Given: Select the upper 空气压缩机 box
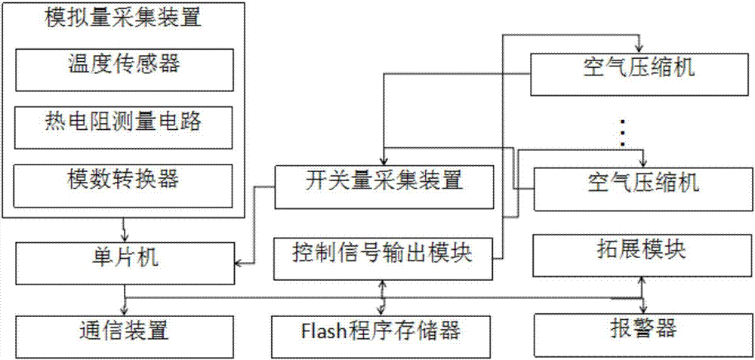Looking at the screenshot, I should [x=642, y=72].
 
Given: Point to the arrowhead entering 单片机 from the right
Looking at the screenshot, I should [x=239, y=263].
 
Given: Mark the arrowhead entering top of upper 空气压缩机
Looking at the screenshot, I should [x=640, y=46].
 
